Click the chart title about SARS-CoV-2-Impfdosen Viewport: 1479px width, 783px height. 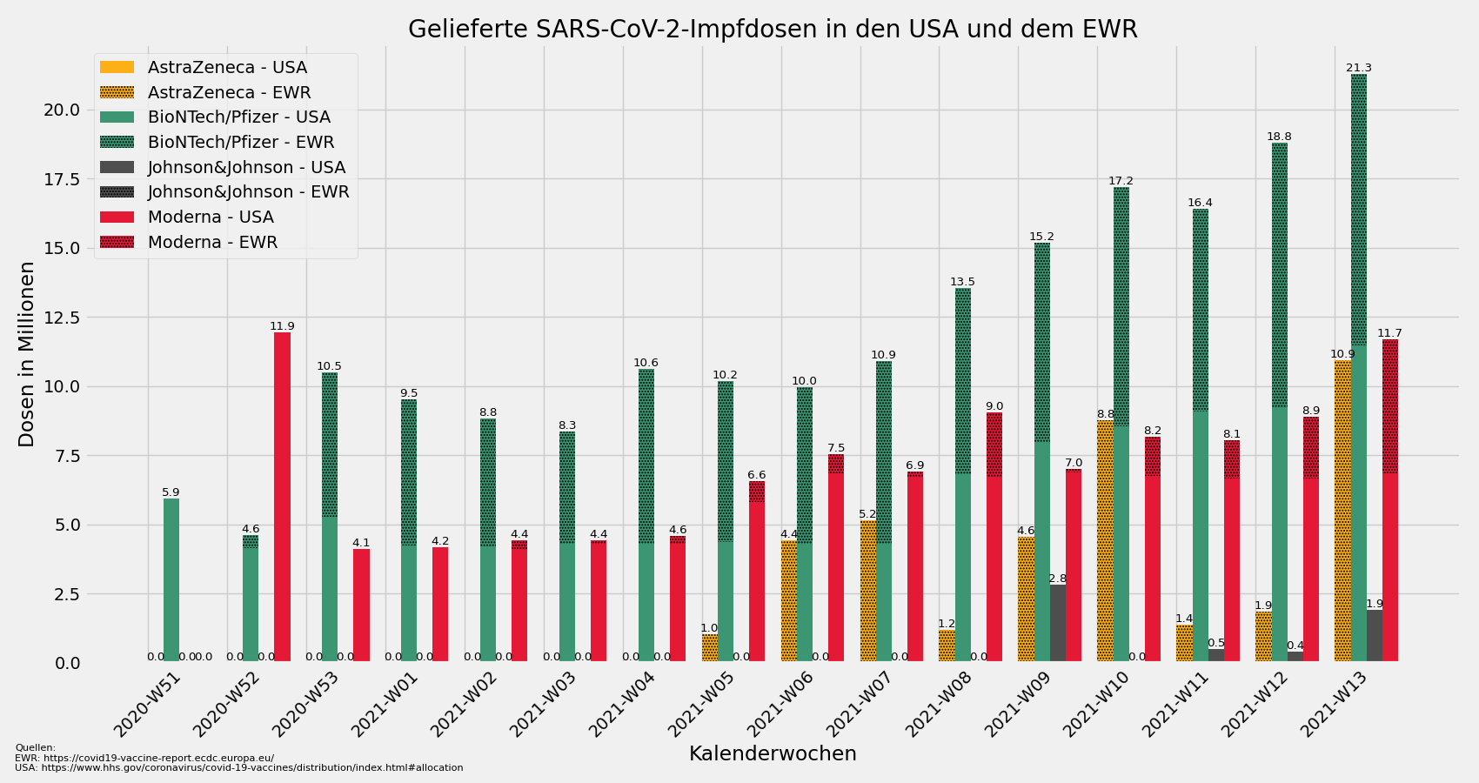coord(773,30)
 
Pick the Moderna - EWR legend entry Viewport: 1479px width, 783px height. coord(212,242)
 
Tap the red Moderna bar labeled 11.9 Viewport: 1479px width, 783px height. coord(282,496)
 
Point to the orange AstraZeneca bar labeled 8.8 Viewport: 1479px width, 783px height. coord(1105,539)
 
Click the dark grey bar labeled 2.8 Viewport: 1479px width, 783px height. coord(1057,623)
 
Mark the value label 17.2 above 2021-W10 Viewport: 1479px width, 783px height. coord(1121,181)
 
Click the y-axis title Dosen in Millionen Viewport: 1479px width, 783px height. coord(27,354)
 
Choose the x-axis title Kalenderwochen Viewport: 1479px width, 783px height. coord(773,753)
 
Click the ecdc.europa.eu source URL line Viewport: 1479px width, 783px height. coord(144,758)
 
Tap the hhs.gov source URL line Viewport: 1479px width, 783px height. coord(239,768)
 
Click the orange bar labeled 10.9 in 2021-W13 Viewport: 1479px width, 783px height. coord(1342,513)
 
